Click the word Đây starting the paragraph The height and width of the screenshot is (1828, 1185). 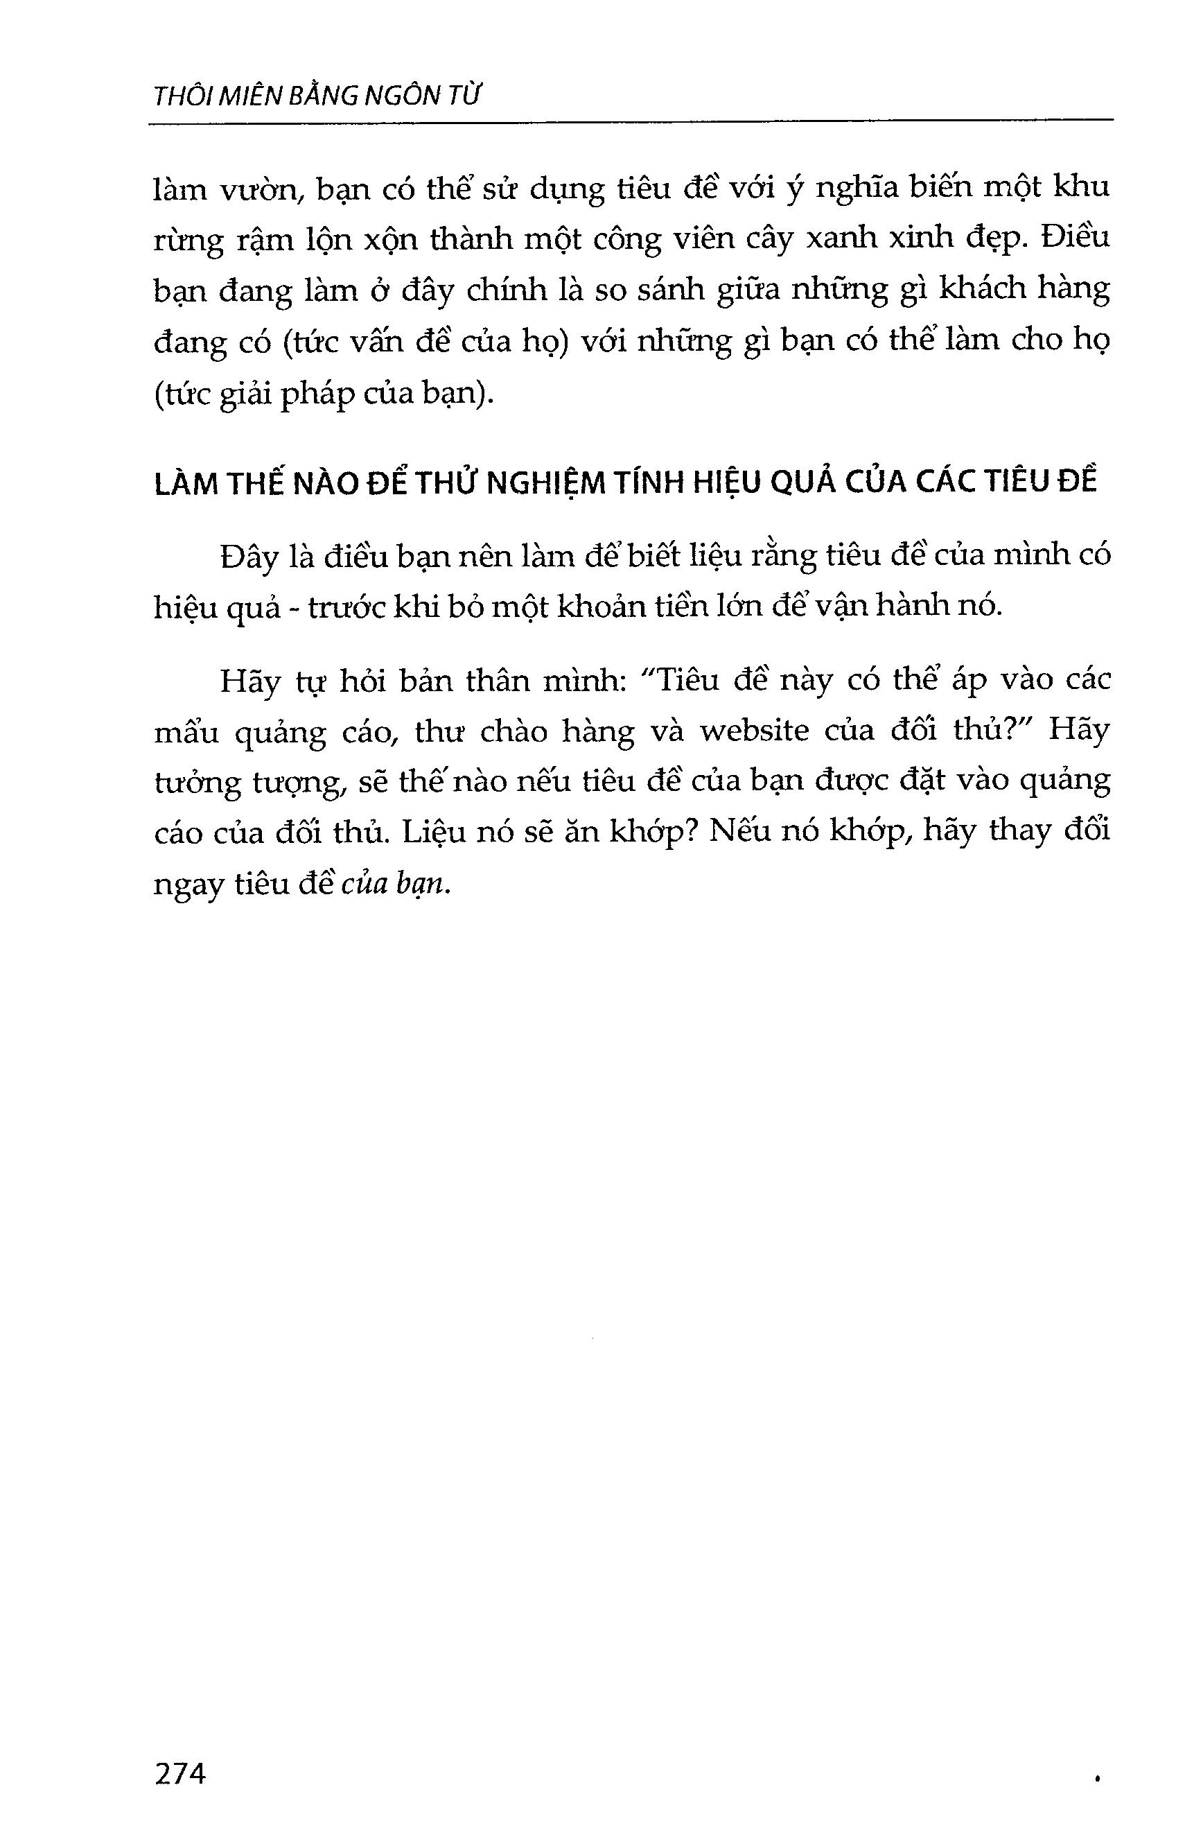coord(248,556)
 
